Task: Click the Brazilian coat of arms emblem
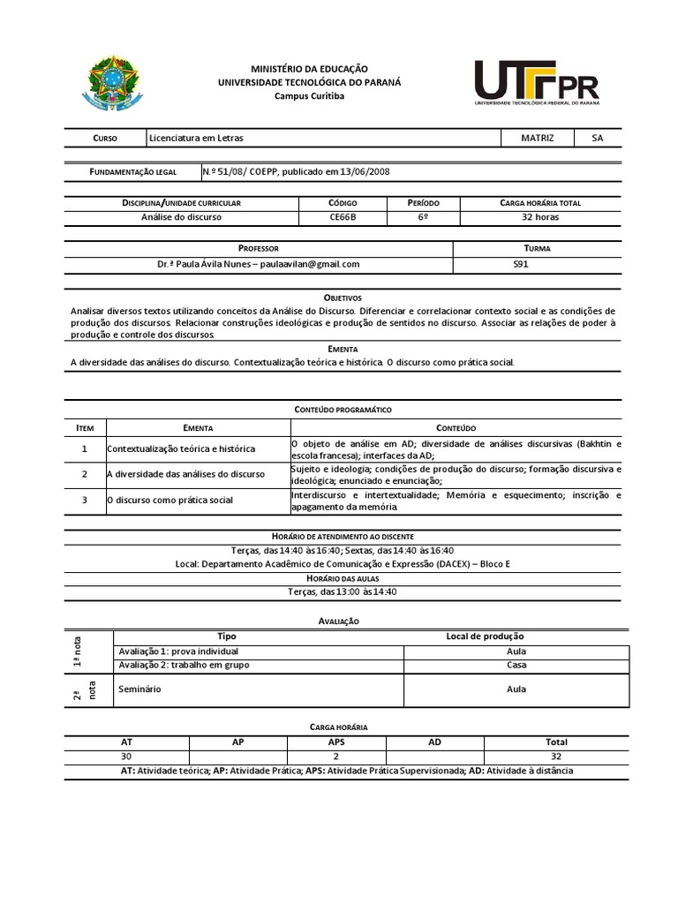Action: tap(112, 84)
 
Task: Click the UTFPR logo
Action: tap(537, 83)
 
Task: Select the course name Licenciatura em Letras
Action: tap(196, 139)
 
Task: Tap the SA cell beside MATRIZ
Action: tap(598, 139)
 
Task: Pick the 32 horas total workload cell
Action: tap(539, 216)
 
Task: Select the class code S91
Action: tap(520, 264)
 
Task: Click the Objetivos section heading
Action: tap(343, 298)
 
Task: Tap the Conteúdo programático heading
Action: tap(343, 411)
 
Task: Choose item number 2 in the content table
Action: tap(85, 474)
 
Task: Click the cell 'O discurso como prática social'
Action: tap(170, 500)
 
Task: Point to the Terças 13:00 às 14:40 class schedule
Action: tap(343, 591)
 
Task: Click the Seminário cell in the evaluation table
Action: tap(139, 689)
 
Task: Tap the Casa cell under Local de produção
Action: tap(516, 666)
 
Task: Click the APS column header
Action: tap(336, 742)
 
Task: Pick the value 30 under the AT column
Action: tap(126, 757)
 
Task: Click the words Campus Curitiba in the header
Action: tap(309, 95)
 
